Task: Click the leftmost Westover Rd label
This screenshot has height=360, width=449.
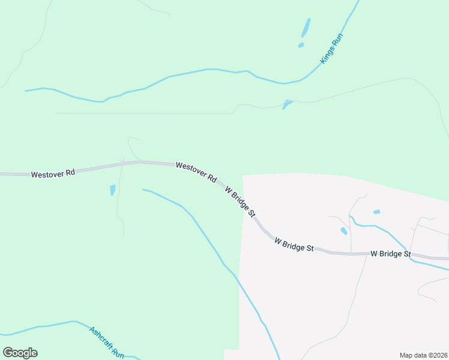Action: pos(53,173)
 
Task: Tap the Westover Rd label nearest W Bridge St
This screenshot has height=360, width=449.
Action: pos(196,172)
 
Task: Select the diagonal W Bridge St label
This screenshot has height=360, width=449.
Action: pos(241,201)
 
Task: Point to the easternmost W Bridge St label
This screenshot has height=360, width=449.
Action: pos(390,254)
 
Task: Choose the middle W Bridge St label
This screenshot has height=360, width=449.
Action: pos(294,244)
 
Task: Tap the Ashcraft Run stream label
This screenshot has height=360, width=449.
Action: pos(106,343)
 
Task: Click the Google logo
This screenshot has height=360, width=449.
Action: pos(20,353)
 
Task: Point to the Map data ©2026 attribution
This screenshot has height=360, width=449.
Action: pos(423,355)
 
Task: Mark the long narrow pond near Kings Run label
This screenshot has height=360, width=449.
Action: pos(306,28)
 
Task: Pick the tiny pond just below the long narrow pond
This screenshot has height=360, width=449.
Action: pos(301,44)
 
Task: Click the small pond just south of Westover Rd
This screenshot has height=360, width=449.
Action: pos(112,190)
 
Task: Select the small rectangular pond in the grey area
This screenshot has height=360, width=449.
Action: pos(376,212)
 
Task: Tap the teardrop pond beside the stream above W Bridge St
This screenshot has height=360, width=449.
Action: pos(343,230)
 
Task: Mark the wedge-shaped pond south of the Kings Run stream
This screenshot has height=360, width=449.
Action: pos(288,104)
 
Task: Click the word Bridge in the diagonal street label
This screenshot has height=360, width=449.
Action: pos(242,202)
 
